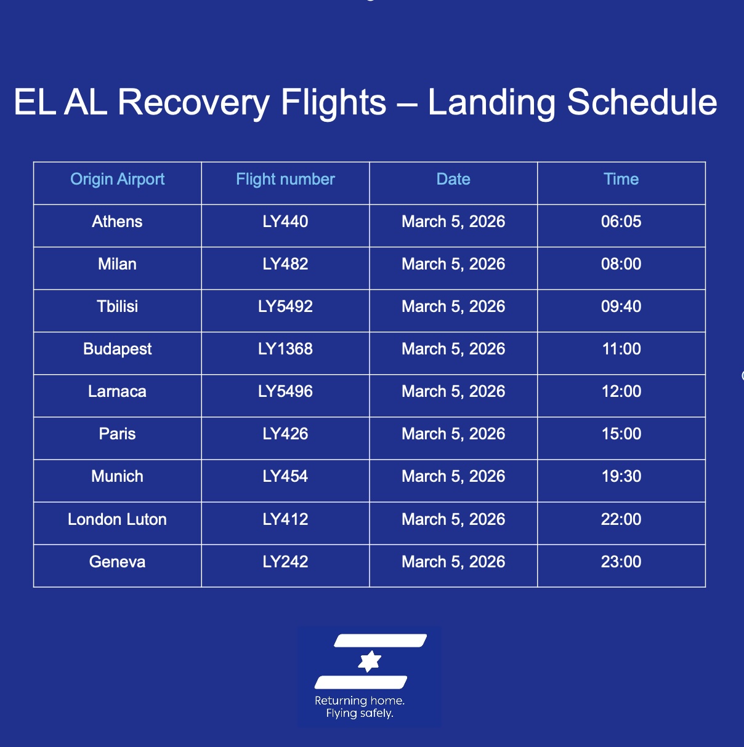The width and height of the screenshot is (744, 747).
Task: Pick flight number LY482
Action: pos(285,264)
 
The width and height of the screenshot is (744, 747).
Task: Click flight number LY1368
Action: pos(285,349)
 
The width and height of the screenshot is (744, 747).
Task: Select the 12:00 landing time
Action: pos(621,391)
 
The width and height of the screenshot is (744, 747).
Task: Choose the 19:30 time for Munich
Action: pos(621,476)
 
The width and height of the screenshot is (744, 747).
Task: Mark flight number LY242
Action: pos(285,562)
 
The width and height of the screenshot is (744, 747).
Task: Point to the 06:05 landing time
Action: pos(621,222)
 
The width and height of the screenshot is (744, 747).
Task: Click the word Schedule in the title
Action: pos(642,102)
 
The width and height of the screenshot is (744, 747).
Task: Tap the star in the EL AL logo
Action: pos(369,661)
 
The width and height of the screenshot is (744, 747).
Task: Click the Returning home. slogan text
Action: pos(360,701)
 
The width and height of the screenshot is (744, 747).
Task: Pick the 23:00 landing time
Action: pos(621,562)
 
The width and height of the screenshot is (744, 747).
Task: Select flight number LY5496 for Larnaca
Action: pos(285,391)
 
